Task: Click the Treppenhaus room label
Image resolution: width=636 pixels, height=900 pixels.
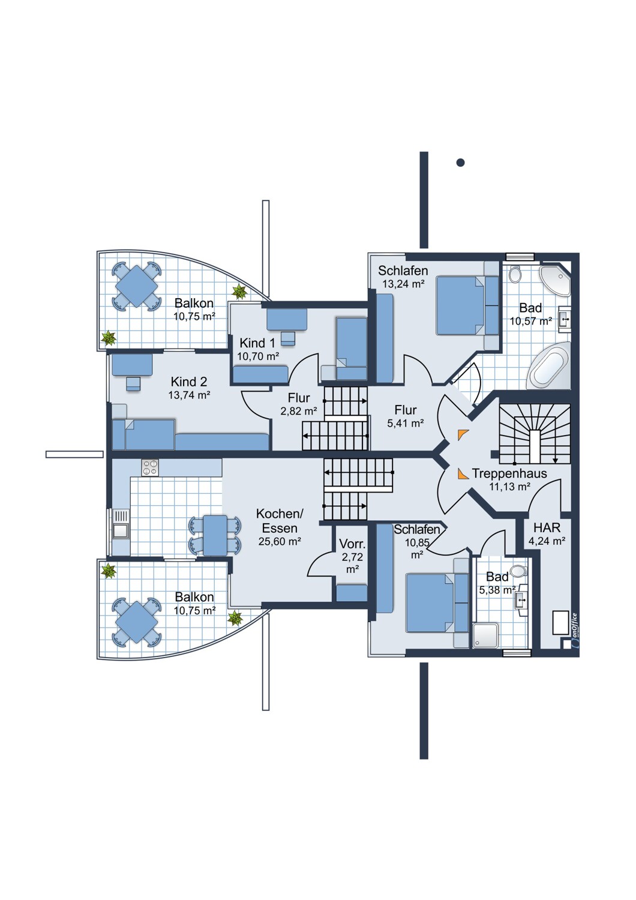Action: (509, 473)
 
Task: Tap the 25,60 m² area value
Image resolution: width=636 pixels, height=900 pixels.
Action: (280, 541)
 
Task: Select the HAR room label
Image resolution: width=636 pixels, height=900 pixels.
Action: (547, 527)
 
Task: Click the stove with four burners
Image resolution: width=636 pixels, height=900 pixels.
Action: (150, 467)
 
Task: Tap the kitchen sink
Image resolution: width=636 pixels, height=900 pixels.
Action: (121, 524)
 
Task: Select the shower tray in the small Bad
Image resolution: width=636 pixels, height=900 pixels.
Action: (485, 635)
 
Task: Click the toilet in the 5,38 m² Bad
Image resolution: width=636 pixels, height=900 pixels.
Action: (518, 571)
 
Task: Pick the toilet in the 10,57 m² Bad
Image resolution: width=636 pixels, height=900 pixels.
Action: (515, 275)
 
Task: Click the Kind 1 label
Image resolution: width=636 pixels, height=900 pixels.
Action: (257, 343)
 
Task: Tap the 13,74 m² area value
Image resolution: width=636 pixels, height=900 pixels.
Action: (189, 395)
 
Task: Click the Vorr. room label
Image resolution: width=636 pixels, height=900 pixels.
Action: (352, 544)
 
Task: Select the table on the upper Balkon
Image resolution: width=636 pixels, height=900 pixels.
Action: (136, 286)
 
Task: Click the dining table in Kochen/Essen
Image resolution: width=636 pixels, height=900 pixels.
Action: (215, 536)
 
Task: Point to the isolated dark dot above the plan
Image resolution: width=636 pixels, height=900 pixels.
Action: (460, 163)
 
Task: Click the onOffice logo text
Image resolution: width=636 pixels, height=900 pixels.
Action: (574, 625)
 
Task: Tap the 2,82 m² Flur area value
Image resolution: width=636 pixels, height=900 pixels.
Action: (299, 411)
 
